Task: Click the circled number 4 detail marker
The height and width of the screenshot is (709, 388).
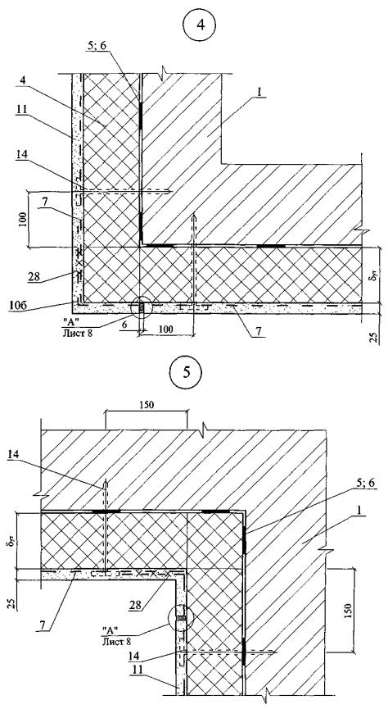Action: coord(201,25)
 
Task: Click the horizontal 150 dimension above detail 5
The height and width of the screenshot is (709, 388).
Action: coord(146,405)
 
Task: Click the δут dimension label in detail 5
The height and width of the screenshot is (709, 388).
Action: coord(10,540)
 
